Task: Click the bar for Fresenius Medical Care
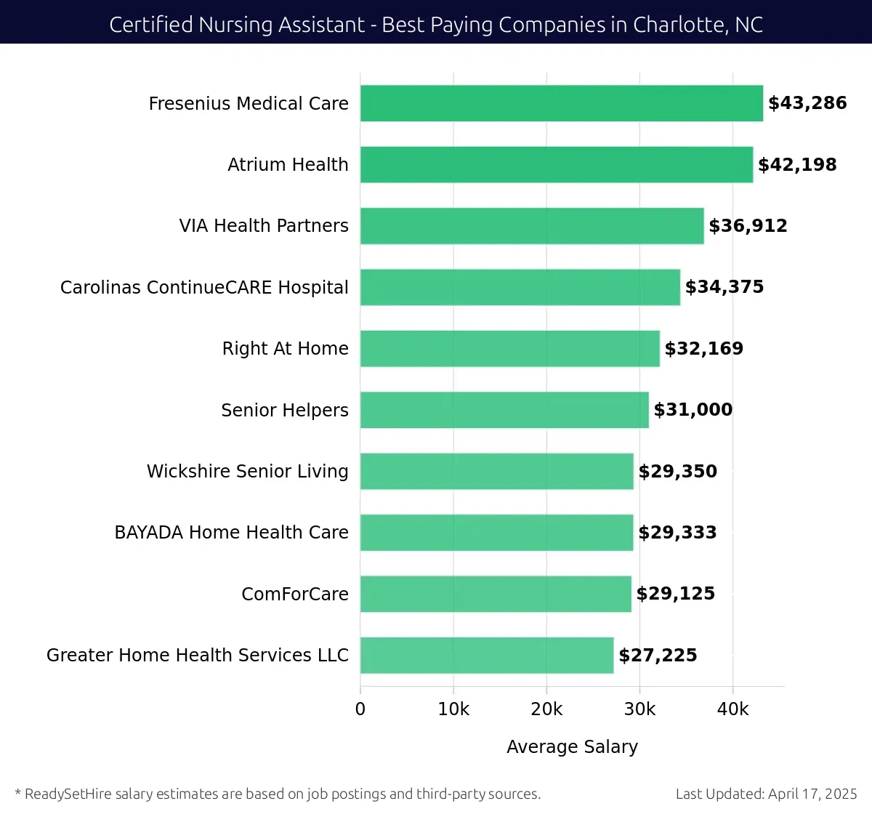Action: [561, 103]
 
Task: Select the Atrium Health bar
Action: [556, 164]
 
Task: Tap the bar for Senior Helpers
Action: [504, 410]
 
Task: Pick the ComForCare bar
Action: [496, 594]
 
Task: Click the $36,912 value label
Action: [748, 226]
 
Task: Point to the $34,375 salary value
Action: [724, 287]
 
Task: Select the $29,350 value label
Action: [677, 472]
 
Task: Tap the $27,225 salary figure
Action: [658, 656]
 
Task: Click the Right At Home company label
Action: [285, 349]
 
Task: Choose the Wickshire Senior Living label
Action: [247, 472]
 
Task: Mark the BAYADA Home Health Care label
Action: [231, 533]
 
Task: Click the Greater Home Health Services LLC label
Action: [197, 656]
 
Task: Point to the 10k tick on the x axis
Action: [453, 709]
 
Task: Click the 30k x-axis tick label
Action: [639, 709]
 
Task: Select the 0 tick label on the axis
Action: [360, 709]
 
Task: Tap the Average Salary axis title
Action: [572, 747]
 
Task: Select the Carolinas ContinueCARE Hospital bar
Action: [520, 287]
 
